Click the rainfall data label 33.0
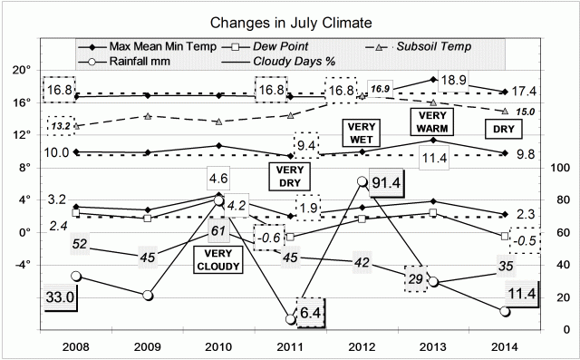(x=60, y=297)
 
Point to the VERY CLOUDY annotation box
(x=218, y=260)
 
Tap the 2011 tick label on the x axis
(x=290, y=345)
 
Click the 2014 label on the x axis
(x=505, y=345)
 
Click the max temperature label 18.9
(x=454, y=81)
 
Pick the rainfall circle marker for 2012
(x=362, y=181)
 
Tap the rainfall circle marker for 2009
(x=148, y=296)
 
